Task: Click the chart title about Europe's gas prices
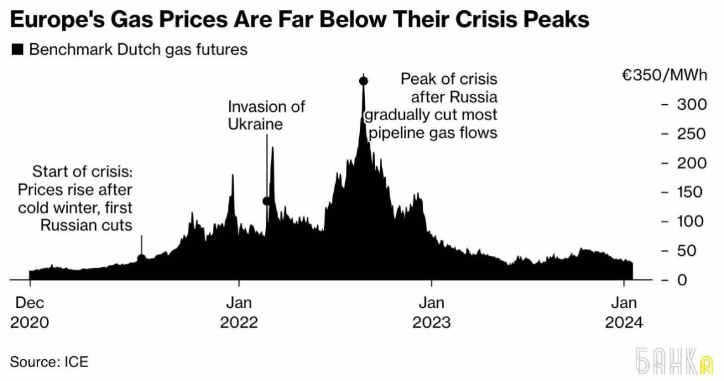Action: click(299, 20)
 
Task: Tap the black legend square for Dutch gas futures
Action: click(17, 50)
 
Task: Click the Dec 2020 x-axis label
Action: click(29, 312)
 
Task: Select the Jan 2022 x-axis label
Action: click(239, 312)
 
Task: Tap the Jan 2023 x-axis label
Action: click(431, 312)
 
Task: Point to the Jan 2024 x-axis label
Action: click(624, 312)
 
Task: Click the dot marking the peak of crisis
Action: click(364, 81)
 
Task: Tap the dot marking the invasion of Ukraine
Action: click(267, 201)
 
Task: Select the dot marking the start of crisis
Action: click(142, 258)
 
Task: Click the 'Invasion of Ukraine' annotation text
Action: click(266, 115)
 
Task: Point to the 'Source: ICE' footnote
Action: click(49, 362)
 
